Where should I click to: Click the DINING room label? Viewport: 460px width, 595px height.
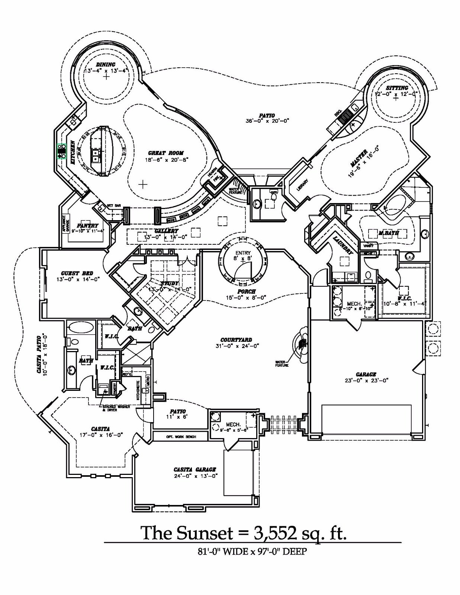[x=106, y=64]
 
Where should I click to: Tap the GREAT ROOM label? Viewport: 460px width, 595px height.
[x=166, y=153]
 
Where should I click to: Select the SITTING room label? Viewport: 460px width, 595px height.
[x=397, y=88]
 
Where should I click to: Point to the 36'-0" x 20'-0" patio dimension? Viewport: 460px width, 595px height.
[x=267, y=121]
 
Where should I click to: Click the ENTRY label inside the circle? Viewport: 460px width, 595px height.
[x=243, y=253]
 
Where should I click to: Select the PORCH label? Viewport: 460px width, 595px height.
[x=247, y=292]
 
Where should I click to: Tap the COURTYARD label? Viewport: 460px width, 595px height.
[x=236, y=340]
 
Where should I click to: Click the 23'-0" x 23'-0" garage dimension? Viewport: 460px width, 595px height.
[x=366, y=380]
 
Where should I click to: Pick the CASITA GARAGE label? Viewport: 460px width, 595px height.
[x=195, y=470]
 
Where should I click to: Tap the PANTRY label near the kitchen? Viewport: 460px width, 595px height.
[x=88, y=225]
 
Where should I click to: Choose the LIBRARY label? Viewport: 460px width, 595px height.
[x=302, y=186]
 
